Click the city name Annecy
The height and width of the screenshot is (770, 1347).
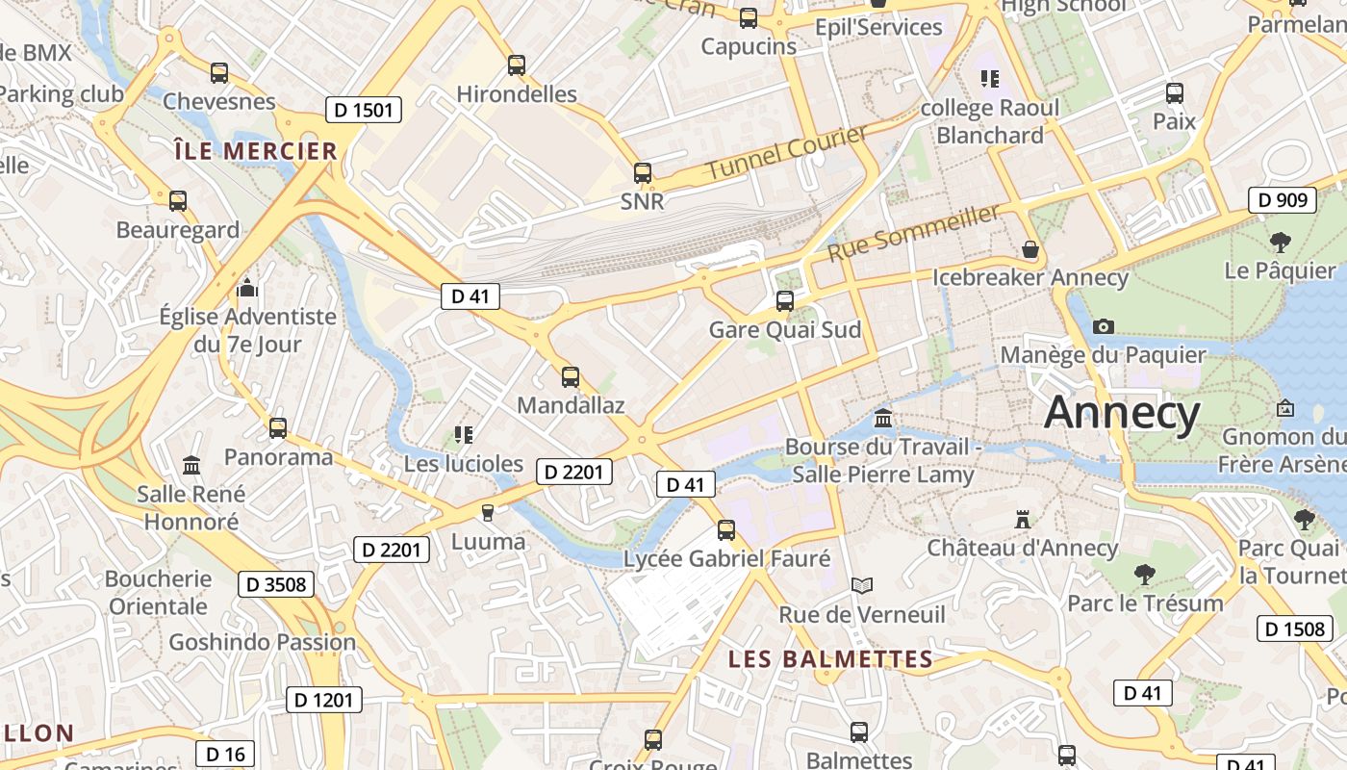pos(1122,413)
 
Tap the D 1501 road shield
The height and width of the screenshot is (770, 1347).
pos(363,110)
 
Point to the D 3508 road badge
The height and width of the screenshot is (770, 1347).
pos(276,584)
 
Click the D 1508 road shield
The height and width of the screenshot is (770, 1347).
pos(1294,629)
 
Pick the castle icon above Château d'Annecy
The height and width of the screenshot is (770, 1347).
pos(1022,520)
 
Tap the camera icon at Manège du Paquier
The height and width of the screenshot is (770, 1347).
pos(1104,327)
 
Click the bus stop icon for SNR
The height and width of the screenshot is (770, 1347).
pos(642,174)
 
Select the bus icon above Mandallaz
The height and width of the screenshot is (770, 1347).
pos(571,377)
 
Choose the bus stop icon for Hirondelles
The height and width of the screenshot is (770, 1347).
pos(517,65)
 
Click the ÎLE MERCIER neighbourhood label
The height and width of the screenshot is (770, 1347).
pos(256,151)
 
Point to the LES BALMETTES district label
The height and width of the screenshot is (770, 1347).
pos(830,659)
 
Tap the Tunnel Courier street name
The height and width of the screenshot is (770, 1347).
pos(787,152)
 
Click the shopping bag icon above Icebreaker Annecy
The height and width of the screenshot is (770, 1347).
pos(1030,250)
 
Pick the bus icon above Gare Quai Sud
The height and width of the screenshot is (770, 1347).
pos(784,301)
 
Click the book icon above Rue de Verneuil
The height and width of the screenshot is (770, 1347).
pos(862,585)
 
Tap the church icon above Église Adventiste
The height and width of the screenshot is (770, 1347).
pos(247,288)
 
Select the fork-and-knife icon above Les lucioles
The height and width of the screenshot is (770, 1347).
pos(463,435)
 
